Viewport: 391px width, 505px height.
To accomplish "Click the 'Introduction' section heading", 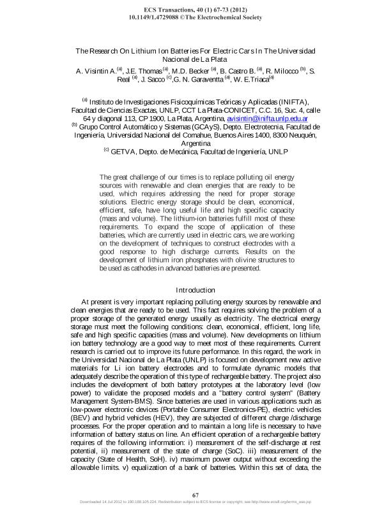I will [195, 291].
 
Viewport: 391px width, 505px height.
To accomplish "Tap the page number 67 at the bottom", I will [195, 494].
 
